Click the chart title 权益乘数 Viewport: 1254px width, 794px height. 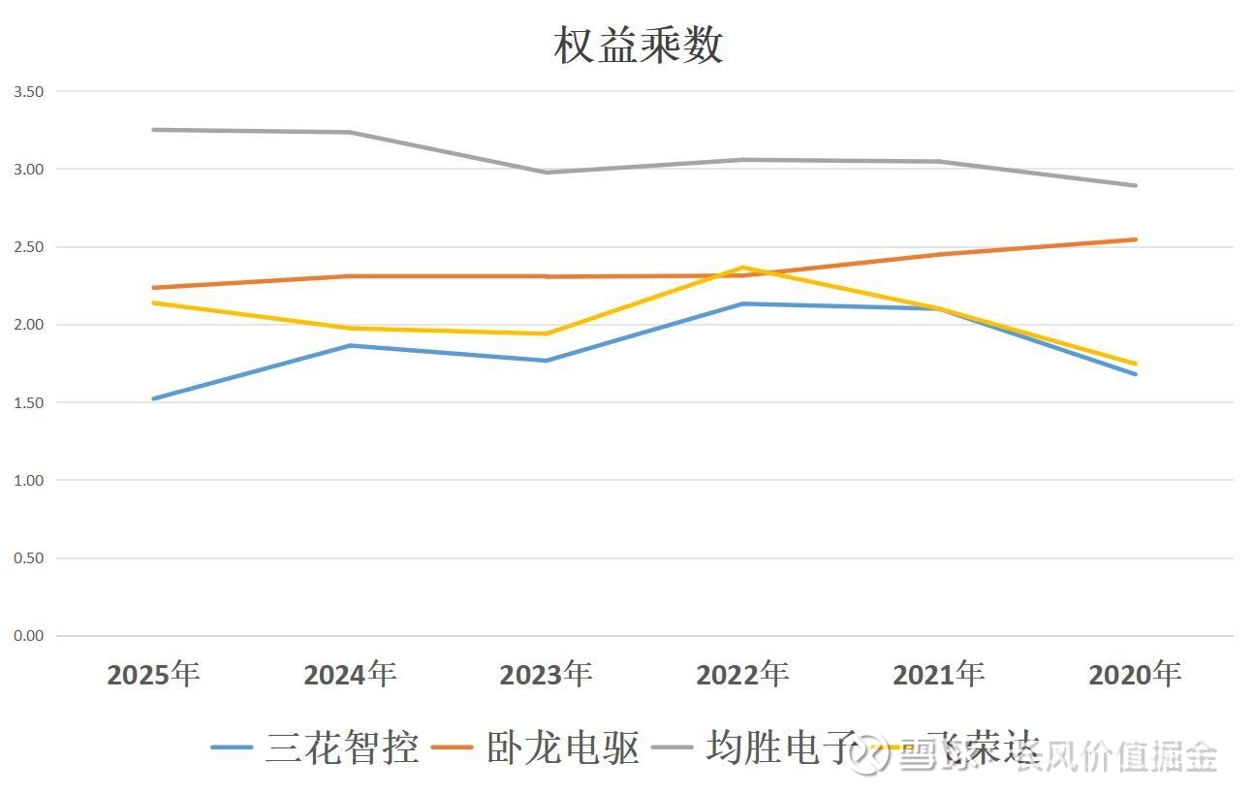tap(639, 46)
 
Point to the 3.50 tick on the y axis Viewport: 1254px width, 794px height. tap(28, 91)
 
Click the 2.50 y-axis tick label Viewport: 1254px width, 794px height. tap(28, 247)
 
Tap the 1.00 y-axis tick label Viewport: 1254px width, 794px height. tap(28, 480)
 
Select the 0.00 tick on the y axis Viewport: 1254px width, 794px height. tap(28, 636)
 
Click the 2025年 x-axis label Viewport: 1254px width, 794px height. tap(153, 674)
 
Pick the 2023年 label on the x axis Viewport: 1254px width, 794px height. tap(546, 674)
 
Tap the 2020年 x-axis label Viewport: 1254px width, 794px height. tap(1135, 674)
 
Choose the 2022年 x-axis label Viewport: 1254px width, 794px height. tap(742, 674)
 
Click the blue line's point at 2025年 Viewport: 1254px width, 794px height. tap(153, 398)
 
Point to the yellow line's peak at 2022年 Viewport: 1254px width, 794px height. tap(742, 268)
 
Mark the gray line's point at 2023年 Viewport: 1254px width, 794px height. tap(546, 173)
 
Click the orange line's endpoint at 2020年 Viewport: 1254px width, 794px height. tap(1135, 239)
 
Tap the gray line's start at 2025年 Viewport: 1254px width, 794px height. tap(153, 130)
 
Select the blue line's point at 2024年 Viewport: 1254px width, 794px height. tap(350, 345)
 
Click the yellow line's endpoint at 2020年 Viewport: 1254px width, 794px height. tap(1135, 364)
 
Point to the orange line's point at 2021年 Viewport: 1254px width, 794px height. tap(939, 254)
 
